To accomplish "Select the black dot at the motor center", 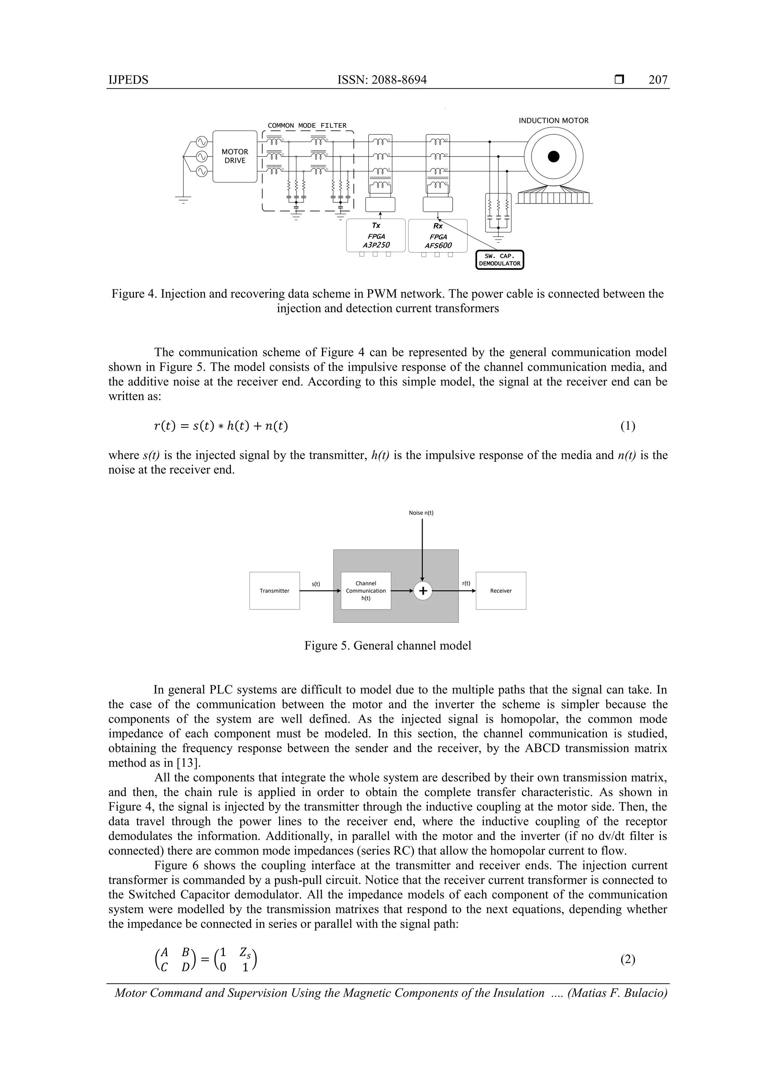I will [x=553, y=157].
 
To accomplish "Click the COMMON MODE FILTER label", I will [x=307, y=125].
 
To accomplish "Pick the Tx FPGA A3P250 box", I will [x=376, y=235].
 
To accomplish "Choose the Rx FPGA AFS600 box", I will [x=437, y=236].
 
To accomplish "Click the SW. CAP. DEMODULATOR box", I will [x=499, y=260].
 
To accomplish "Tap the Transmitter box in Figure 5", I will [x=275, y=591].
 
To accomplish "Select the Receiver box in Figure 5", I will [x=501, y=591].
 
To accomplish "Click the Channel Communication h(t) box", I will [x=366, y=591].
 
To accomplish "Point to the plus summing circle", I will [x=423, y=591].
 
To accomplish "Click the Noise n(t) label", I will [x=421, y=513].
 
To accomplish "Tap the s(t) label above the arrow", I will [x=316, y=584].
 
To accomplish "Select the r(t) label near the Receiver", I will [x=466, y=583].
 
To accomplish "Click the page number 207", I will [x=658, y=80].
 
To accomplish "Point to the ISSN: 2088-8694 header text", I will [x=382, y=80].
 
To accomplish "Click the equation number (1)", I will [x=627, y=426].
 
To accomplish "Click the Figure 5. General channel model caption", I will [x=388, y=646].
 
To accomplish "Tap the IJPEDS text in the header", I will [x=128, y=80].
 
